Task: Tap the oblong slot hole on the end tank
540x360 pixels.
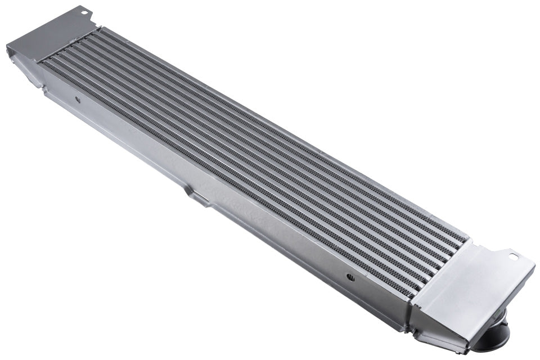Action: pos(513,256)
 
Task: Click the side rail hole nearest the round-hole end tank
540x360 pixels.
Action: pos(78,100)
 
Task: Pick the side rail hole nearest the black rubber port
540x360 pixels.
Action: pos(350,277)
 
